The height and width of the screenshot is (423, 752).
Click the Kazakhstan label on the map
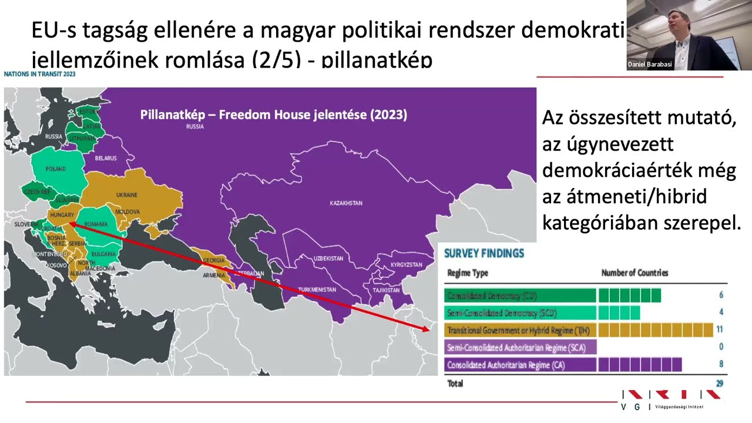coord(345,203)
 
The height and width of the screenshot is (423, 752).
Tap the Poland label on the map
coord(56,169)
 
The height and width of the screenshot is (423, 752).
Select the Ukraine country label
coord(126,195)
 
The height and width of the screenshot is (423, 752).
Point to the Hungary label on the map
coord(61,216)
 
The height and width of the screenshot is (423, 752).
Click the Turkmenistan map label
coord(317,290)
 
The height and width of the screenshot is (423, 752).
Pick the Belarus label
coord(106,158)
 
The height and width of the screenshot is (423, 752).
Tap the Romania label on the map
coord(96,224)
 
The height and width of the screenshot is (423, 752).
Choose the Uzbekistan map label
coord(328,258)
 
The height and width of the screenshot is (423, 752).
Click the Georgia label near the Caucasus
coord(213,260)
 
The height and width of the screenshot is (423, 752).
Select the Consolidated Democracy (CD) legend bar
coord(520,296)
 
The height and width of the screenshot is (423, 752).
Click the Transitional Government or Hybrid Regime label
coord(520,330)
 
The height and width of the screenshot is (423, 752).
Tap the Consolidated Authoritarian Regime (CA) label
coord(506,365)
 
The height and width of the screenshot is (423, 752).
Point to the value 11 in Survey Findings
coord(719,330)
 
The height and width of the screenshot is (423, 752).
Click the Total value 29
coord(719,384)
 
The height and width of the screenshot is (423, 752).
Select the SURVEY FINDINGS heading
coord(484,254)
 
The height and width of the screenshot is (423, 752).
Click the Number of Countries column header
coord(634,273)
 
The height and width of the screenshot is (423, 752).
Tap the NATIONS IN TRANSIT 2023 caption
coord(39,74)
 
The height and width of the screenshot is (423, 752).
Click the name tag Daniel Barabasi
coord(649,65)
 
